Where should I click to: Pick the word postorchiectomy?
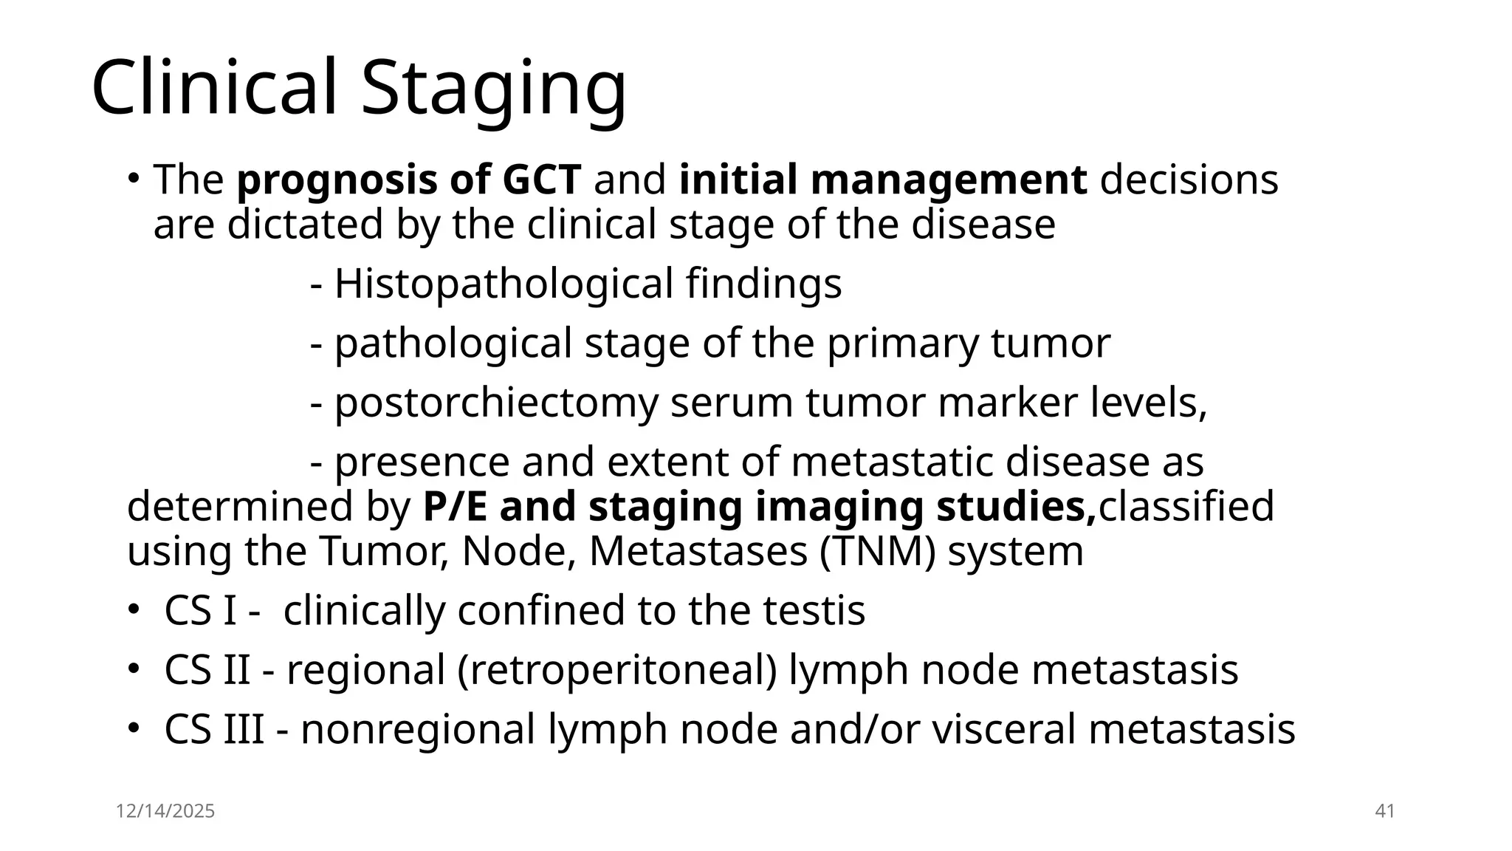tap(495, 403)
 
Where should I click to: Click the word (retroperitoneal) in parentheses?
tap(616, 671)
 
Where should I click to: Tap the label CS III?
tap(214, 730)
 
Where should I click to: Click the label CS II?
tap(207, 671)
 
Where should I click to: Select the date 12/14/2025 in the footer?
tap(165, 811)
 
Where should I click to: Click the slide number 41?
tap(1385, 811)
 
